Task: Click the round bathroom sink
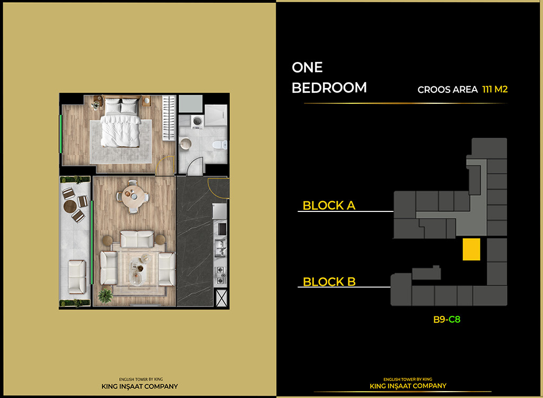(x=186, y=143)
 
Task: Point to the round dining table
(x=131, y=196)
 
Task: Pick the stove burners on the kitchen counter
(x=221, y=273)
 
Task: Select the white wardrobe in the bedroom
(x=169, y=117)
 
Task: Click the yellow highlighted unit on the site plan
(x=471, y=249)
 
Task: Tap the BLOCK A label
(x=329, y=205)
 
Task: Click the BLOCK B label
(x=329, y=281)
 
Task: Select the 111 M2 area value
(x=495, y=89)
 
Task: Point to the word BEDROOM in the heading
(x=329, y=87)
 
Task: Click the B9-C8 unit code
(x=446, y=320)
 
